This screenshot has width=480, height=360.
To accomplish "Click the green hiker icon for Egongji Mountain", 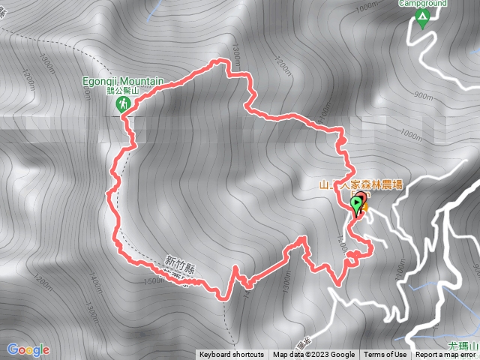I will pyautogui.click(x=121, y=106).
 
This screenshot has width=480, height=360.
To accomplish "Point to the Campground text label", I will pyautogui.click(x=422, y=4).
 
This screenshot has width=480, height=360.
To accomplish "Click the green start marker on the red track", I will pyautogui.click(x=355, y=204).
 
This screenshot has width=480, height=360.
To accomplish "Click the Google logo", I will pyautogui.click(x=28, y=349).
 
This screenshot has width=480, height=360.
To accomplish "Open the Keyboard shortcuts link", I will pyautogui.click(x=232, y=355).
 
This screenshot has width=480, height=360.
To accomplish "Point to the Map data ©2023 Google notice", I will pyautogui.click(x=313, y=355).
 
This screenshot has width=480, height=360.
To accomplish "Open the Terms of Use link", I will pyautogui.click(x=385, y=355).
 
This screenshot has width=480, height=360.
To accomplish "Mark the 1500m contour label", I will pyautogui.click(x=152, y=280).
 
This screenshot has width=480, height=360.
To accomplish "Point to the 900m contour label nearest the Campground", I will pyautogui.click(x=423, y=96).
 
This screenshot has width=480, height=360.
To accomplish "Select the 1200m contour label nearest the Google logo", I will pyautogui.click(x=42, y=284).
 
